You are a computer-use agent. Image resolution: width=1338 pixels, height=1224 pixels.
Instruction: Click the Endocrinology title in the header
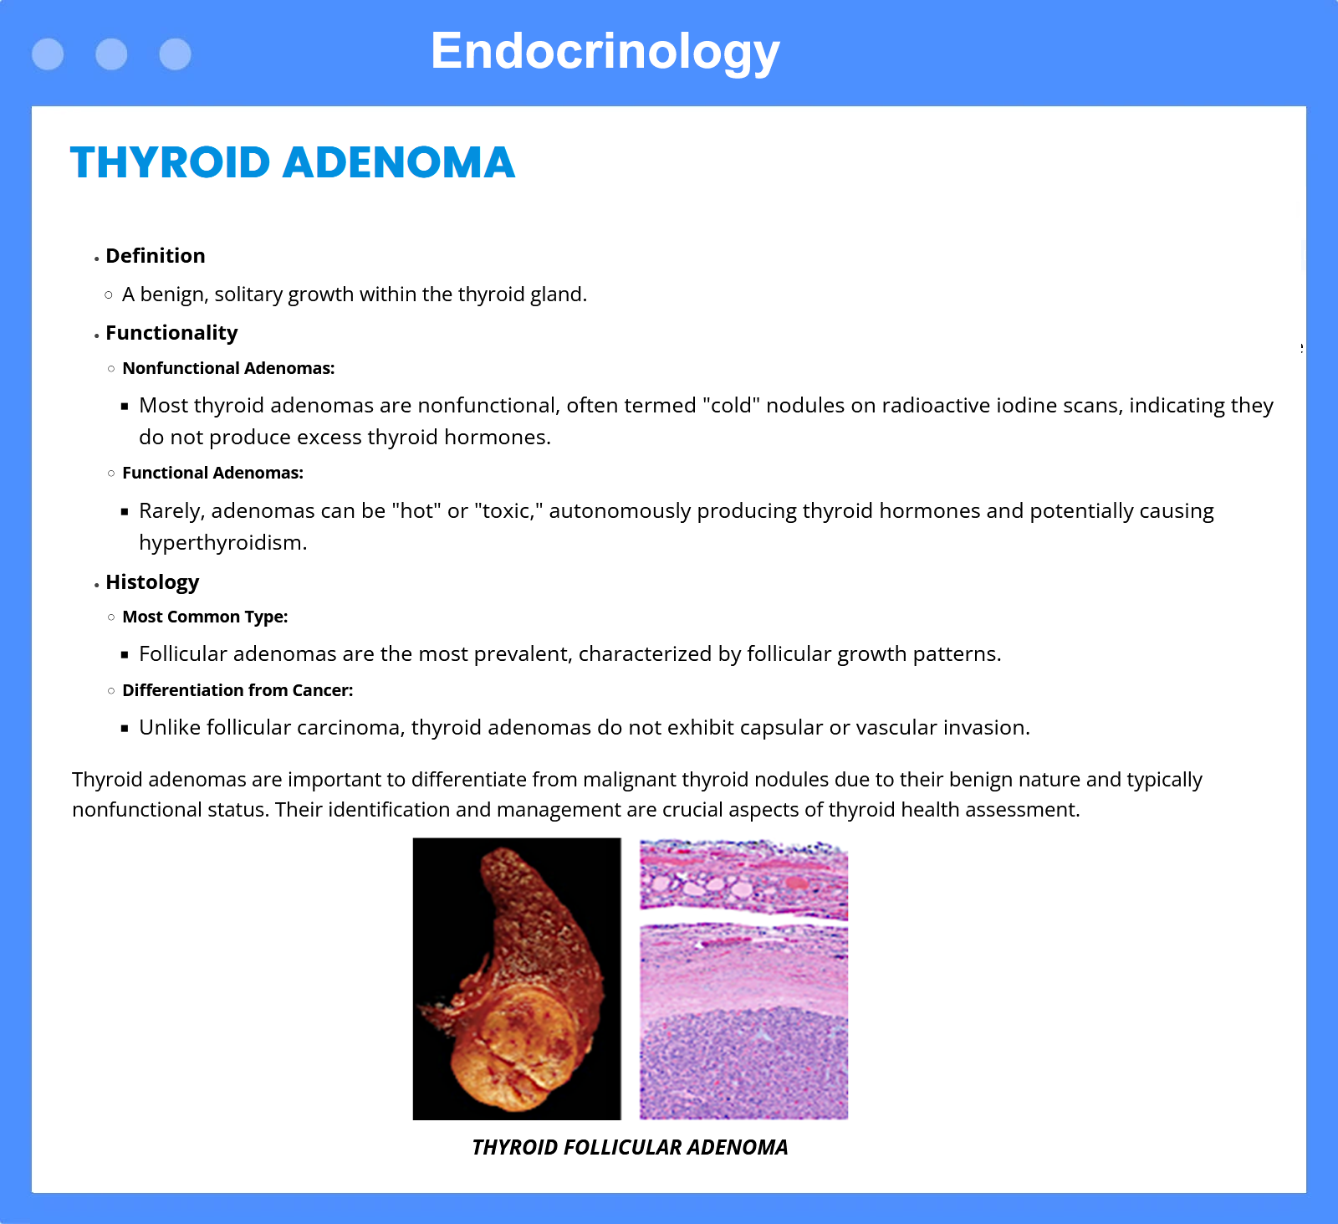pos(605,52)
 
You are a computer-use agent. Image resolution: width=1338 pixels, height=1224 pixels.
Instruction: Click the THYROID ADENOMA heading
pos(293,162)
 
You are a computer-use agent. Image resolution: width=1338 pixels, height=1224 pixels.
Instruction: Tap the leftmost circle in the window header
pos(48,54)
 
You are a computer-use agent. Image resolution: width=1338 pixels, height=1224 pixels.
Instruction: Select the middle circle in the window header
pos(111,54)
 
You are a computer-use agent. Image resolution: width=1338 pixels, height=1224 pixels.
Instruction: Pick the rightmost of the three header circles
pos(175,54)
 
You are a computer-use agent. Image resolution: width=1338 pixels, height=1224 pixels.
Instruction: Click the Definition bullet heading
pos(156,256)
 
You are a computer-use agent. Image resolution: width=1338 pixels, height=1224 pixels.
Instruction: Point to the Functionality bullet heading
pos(171,333)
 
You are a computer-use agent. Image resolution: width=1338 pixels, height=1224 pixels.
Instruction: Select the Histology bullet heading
pos(152,582)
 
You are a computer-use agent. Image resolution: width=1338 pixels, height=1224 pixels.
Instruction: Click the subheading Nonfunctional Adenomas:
pos(228,368)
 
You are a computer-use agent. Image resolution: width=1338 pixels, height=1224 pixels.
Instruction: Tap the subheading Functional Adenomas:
pos(212,473)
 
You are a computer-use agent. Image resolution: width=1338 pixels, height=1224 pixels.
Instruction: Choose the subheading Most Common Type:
pos(205,617)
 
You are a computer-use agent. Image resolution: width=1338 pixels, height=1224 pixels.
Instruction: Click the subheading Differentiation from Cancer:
pos(237,690)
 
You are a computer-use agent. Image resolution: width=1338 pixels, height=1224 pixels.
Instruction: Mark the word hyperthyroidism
pos(222,543)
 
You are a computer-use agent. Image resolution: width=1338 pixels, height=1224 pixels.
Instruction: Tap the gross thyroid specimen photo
pos(517,979)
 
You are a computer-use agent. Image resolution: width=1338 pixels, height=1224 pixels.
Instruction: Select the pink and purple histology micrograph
pos(744,979)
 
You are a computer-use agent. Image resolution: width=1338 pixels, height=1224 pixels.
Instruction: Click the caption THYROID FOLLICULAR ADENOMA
pos(630,1147)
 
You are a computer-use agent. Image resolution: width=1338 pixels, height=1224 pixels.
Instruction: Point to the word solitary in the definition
pos(248,294)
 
